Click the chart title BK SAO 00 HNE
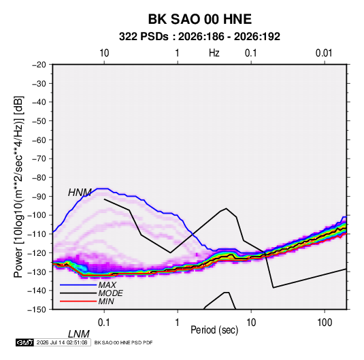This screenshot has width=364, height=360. pos(199,19)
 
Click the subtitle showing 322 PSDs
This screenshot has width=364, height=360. pos(199,37)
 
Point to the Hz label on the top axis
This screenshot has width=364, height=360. pos(214,53)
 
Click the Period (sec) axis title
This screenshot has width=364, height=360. pos(214,330)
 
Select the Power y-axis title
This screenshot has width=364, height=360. pos(18,187)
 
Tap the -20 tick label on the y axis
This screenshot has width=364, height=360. pos(39,65)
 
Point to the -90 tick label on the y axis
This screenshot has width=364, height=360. pos(39,197)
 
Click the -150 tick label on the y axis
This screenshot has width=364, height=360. pos(37,310)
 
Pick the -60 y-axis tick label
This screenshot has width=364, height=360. pos(39,140)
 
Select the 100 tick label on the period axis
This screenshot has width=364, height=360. pos(325,323)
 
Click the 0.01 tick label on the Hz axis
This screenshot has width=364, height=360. pos(324,53)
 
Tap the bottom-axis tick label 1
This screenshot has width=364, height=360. pos(177,323)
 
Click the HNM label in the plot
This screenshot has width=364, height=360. pos(80,193)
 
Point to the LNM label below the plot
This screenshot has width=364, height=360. pos(79,334)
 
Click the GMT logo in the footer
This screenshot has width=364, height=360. pos(25,342)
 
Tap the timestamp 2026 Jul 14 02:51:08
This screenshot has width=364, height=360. pos(62,342)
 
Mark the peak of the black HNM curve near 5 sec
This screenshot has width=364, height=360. pos(226,208)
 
